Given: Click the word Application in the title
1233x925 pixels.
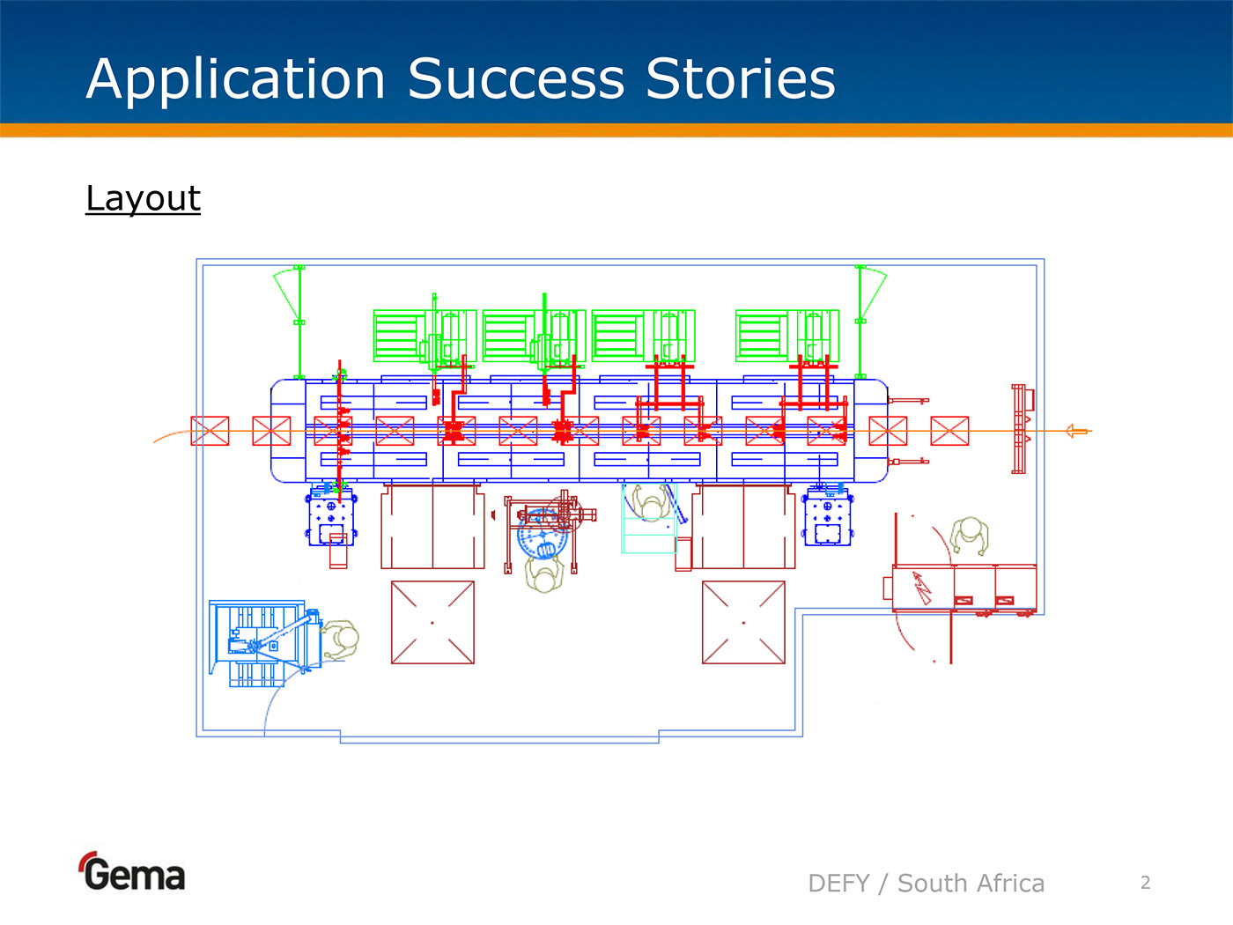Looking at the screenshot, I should click(x=236, y=79).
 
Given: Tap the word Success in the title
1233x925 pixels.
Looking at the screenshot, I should click(x=515, y=79).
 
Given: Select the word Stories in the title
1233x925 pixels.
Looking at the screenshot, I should click(x=740, y=79).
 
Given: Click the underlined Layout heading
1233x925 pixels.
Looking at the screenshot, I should click(x=144, y=198).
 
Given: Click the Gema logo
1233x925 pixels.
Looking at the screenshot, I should click(x=133, y=872).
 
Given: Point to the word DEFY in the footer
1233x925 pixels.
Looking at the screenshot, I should click(x=838, y=883).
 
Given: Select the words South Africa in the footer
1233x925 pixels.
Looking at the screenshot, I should click(x=971, y=883).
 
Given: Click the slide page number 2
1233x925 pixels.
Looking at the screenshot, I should click(x=1145, y=883).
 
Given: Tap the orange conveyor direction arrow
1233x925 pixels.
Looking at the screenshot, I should click(x=1076, y=431).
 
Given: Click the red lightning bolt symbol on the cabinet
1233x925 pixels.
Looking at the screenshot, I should click(x=921, y=587).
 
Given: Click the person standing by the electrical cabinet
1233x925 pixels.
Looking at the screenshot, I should click(x=970, y=534).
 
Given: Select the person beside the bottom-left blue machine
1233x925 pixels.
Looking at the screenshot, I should click(x=341, y=639).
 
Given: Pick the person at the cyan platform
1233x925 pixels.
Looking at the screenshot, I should click(x=650, y=505).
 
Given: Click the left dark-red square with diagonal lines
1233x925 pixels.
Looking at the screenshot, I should click(x=432, y=622).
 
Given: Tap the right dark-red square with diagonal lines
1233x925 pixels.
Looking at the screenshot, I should click(x=743, y=622).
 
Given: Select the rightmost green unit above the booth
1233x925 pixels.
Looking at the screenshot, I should click(x=787, y=336).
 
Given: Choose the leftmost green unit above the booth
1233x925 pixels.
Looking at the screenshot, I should click(x=425, y=336).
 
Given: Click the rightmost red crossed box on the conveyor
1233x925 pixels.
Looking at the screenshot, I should click(x=949, y=431).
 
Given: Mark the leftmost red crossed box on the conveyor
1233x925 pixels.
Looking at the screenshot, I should click(x=210, y=431).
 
